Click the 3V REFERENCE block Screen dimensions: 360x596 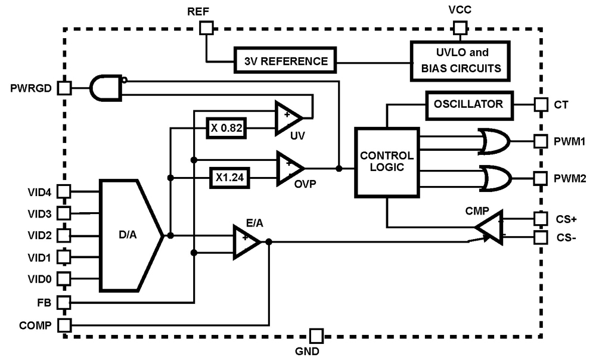[285, 61]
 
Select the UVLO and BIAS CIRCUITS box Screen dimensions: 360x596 [460, 60]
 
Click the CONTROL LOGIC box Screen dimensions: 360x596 [386, 162]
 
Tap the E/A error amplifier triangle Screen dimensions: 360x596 [245, 241]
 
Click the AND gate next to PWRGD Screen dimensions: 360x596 [106, 88]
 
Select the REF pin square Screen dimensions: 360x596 [206, 27]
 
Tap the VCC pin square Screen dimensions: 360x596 [460, 27]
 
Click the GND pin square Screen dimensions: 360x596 [315, 336]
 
